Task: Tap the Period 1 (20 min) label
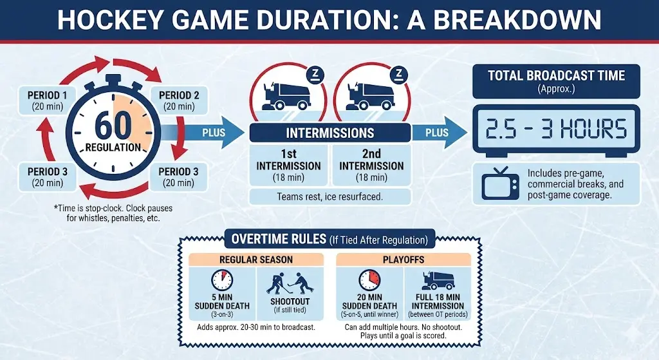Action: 45,101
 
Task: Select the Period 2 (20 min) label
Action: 179,101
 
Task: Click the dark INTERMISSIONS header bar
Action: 329,133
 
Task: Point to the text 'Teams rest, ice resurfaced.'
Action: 329,196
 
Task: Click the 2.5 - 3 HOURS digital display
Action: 556,129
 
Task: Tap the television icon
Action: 499,184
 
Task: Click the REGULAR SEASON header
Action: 255,260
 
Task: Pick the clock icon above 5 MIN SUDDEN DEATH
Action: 222,280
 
